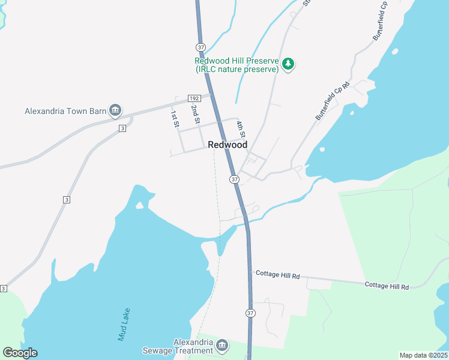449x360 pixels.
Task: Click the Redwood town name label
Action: point(228,145)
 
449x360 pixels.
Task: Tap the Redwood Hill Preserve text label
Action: point(237,65)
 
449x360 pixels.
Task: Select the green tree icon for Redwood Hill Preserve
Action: point(288,64)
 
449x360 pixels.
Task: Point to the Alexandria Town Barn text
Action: point(65,111)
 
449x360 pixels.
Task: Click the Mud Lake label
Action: point(124,325)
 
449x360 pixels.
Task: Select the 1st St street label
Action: point(174,118)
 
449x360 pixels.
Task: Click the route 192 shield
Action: point(193,98)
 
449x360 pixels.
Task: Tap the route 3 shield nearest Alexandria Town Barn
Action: point(122,128)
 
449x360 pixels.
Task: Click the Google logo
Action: point(20,353)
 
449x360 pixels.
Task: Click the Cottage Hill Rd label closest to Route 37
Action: point(277,275)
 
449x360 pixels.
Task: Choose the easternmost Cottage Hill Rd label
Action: point(387,286)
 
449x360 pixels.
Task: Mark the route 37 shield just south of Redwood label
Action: point(234,179)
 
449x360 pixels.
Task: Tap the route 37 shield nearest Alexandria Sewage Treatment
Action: point(250,313)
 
